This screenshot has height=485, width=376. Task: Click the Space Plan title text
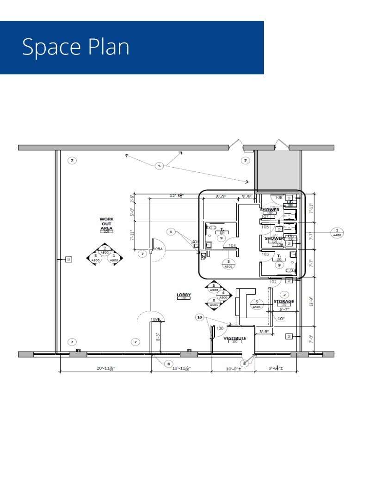[76, 47]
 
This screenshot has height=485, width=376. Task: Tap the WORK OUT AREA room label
[107, 224]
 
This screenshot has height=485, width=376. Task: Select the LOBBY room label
[184, 295]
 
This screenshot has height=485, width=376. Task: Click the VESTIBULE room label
[234, 339]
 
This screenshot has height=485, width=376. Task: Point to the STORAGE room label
[284, 302]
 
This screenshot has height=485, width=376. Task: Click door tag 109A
[158, 249]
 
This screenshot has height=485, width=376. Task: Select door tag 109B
[155, 319]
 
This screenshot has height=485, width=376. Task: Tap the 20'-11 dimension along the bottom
[105, 368]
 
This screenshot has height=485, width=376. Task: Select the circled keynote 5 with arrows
[160, 165]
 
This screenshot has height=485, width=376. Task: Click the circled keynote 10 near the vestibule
[200, 317]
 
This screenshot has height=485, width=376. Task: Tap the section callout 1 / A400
[337, 232]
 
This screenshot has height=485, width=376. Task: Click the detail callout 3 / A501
[228, 264]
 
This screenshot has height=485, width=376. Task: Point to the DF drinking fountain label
[203, 259]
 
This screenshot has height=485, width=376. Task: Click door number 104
[232, 245]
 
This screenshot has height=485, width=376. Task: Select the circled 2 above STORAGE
[284, 295]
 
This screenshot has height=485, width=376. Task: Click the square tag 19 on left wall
[68, 260]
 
